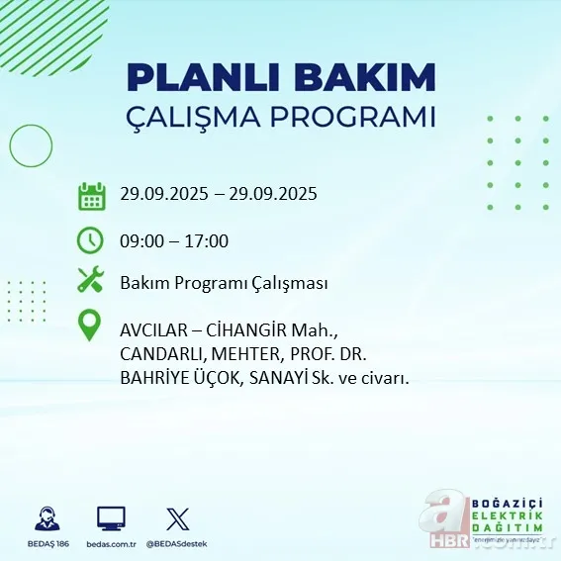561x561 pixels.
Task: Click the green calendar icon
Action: pyautogui.click(x=92, y=195)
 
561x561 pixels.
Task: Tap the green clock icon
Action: pyautogui.click(x=91, y=239)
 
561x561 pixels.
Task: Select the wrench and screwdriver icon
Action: pyautogui.click(x=91, y=281)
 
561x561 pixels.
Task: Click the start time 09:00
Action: pyautogui.click(x=140, y=240)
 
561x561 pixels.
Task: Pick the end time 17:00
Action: pyautogui.click(x=208, y=240)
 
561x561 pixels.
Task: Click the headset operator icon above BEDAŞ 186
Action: pyautogui.click(x=46, y=517)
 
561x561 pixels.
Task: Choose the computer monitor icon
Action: pyautogui.click(x=111, y=517)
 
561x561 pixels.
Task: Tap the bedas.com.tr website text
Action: pyautogui.click(x=111, y=544)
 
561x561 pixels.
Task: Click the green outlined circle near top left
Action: pyautogui.click(x=31, y=145)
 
